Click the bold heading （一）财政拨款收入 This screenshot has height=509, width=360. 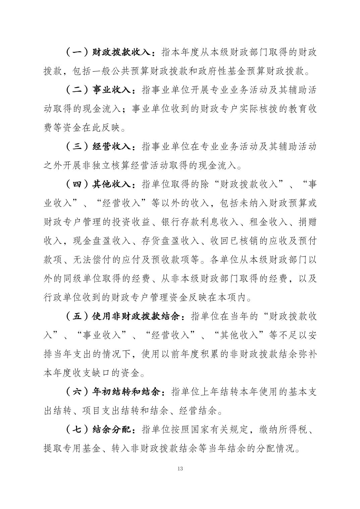(x=109, y=52)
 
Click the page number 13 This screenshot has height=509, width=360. (x=180, y=468)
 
